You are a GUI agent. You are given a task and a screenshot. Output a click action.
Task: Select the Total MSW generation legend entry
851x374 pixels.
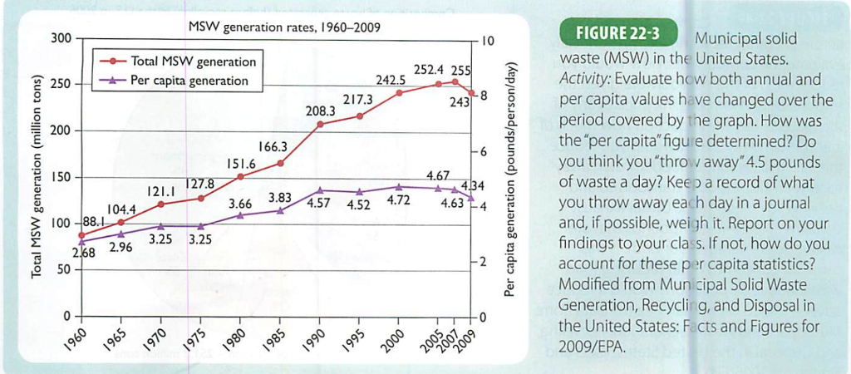(x=194, y=62)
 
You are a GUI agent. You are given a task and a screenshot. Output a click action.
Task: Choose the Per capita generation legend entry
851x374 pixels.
(x=189, y=81)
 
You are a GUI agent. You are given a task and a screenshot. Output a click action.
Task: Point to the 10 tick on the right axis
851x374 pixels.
(x=488, y=40)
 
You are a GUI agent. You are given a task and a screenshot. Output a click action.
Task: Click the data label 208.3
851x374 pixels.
(x=320, y=110)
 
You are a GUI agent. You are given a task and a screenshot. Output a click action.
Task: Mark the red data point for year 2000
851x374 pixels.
(x=400, y=92)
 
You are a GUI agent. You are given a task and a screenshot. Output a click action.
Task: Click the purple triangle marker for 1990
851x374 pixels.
(x=320, y=190)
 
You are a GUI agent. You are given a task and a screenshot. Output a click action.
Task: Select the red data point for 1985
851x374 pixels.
(x=281, y=163)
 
